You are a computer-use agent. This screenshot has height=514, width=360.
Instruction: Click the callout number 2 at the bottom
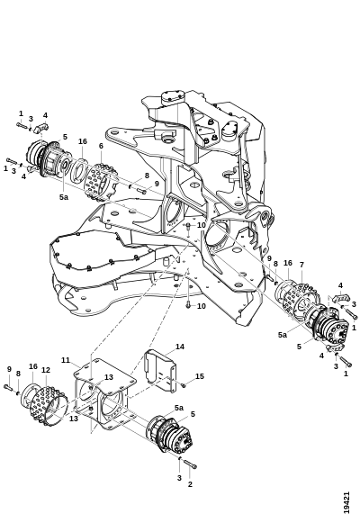[190, 483]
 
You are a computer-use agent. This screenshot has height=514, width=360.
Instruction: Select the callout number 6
[101, 146]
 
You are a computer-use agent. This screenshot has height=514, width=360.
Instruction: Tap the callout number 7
[301, 265]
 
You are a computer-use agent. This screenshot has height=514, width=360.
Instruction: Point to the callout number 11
[66, 360]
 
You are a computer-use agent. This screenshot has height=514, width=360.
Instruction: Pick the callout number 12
[46, 370]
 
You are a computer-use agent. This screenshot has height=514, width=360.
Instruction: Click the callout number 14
[180, 347]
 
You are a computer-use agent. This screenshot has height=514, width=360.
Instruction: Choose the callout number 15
[200, 376]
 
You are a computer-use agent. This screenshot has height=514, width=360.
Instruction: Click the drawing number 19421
[346, 501]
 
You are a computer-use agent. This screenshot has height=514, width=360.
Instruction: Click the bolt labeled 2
[190, 464]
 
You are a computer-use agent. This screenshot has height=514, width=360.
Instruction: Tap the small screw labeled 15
[184, 385]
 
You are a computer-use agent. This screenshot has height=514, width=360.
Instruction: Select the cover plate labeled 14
[160, 371]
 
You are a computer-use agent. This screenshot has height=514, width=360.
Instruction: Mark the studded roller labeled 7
[300, 297]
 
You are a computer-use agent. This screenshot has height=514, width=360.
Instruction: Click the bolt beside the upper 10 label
[188, 226]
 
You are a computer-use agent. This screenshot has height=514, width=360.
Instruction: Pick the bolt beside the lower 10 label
[188, 304]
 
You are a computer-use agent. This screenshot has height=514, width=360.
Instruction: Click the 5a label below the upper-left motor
[64, 197]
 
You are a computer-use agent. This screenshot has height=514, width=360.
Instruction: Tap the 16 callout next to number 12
[33, 366]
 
